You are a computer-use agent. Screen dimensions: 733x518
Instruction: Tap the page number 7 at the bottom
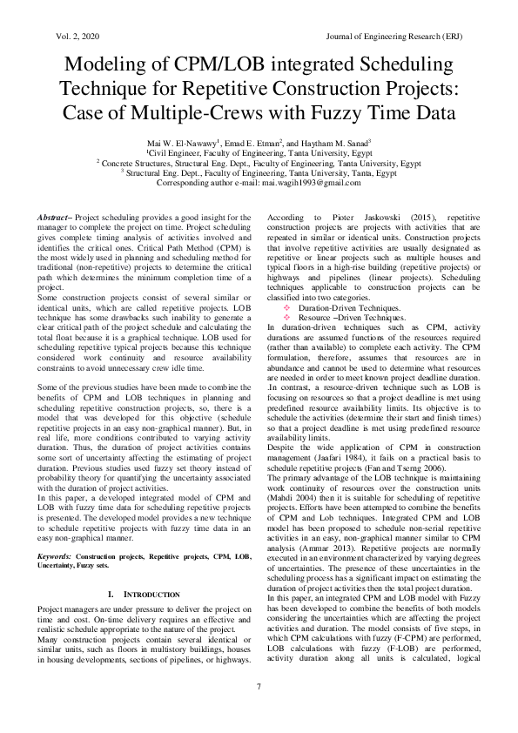pyautogui.click(x=259, y=688)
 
